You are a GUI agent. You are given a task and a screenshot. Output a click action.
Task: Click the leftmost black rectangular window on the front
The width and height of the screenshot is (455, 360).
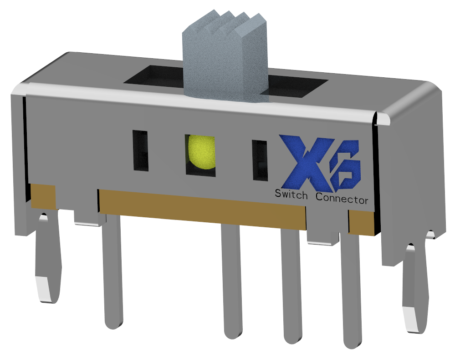[x=140, y=150]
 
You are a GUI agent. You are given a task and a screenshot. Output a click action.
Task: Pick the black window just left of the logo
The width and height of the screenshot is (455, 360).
[x=260, y=160]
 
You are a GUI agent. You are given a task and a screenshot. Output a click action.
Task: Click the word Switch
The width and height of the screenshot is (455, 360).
[x=291, y=195]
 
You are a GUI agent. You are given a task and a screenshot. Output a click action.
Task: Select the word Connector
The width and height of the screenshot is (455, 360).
[x=342, y=198]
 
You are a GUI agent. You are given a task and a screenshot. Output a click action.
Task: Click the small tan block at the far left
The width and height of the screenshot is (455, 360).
[x=43, y=196]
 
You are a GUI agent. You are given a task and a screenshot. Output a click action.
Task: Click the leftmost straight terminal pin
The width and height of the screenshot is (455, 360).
[x=112, y=273]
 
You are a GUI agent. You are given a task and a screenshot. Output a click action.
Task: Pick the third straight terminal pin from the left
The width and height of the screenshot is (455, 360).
[x=291, y=286]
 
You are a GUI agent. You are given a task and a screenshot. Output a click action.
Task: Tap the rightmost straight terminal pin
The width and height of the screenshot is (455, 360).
[x=351, y=291]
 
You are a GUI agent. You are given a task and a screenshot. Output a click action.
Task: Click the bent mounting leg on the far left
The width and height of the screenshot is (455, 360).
[x=48, y=259]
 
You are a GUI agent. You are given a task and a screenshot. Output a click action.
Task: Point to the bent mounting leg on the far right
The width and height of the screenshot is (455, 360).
[x=416, y=286]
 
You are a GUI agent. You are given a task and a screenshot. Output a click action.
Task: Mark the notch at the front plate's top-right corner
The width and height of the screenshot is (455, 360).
[x=381, y=119]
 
